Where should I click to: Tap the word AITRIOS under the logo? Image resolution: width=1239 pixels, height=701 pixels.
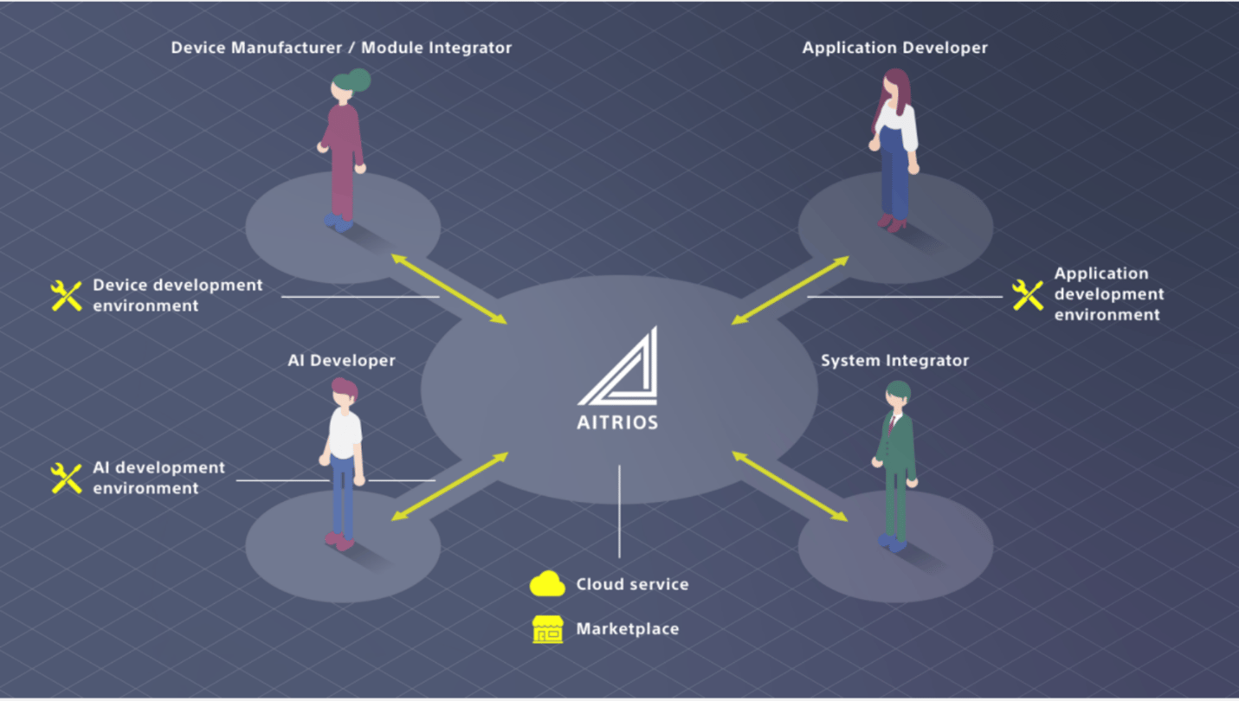(617, 422)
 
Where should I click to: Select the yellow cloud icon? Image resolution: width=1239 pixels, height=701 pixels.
(547, 584)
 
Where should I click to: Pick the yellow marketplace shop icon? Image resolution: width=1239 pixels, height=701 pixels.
(547, 629)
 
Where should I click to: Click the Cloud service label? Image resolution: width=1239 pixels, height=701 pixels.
(632, 584)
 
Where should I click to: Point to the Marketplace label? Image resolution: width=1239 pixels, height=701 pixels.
(627, 629)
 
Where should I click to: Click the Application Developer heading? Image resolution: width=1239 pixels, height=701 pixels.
(894, 48)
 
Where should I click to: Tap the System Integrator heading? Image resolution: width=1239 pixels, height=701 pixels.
(894, 360)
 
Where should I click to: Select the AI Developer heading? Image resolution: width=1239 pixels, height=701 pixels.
(341, 360)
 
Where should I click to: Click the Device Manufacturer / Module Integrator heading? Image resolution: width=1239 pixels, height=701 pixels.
(341, 48)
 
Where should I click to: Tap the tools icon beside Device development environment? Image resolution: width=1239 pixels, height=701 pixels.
(67, 295)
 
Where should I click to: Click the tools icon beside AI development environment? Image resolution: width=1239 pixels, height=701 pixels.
(67, 478)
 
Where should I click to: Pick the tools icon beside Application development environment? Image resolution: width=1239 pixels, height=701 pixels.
(1028, 294)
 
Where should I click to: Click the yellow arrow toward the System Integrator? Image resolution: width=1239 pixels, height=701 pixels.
(790, 486)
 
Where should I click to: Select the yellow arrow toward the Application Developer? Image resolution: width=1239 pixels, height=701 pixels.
(790, 291)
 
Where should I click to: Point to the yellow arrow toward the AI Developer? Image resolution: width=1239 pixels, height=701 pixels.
(448, 486)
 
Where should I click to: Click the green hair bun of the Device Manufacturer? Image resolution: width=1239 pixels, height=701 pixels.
(359, 80)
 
